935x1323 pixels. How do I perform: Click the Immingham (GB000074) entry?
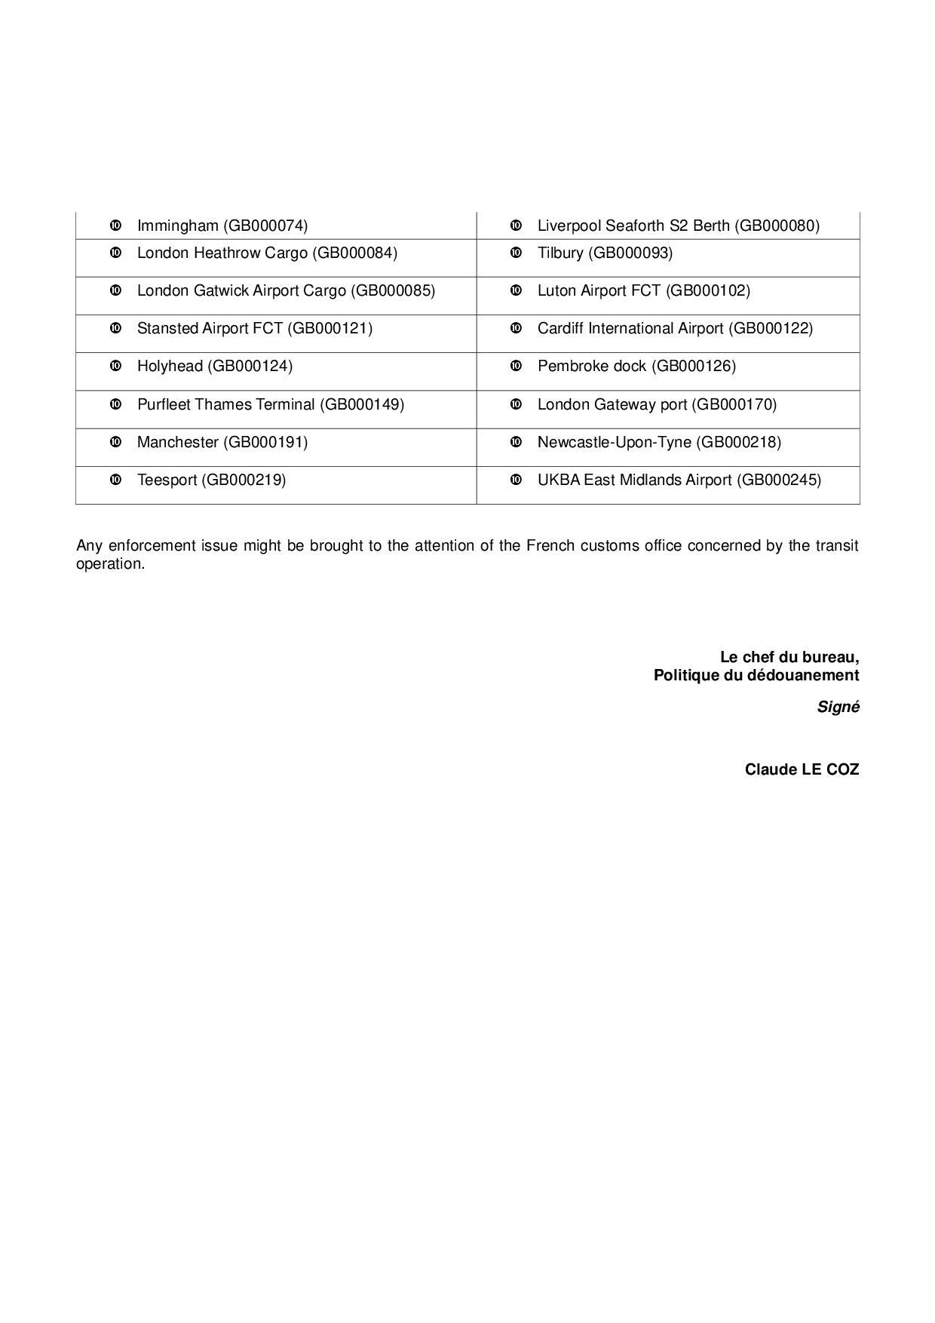(222, 226)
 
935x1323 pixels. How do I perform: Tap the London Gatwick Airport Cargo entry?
(286, 290)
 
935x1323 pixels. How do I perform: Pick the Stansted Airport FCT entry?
(255, 328)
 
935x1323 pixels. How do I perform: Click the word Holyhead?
(170, 366)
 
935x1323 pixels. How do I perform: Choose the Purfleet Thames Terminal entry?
(270, 404)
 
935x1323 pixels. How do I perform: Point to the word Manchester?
(178, 442)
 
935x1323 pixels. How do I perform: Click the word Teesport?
(167, 480)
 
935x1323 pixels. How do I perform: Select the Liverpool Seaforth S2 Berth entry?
(678, 226)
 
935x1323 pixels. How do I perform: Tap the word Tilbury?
(559, 253)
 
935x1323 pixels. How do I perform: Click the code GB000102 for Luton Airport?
(708, 290)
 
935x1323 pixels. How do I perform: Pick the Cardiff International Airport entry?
(675, 328)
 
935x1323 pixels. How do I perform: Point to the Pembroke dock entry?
(636, 366)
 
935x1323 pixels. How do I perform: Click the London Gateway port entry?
(657, 404)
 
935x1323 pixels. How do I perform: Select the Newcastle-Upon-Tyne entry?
(659, 442)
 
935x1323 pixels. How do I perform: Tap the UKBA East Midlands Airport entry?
(679, 480)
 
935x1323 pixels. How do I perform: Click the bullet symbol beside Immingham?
(116, 226)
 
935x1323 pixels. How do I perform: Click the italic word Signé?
(838, 708)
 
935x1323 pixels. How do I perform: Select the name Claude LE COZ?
(802, 769)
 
